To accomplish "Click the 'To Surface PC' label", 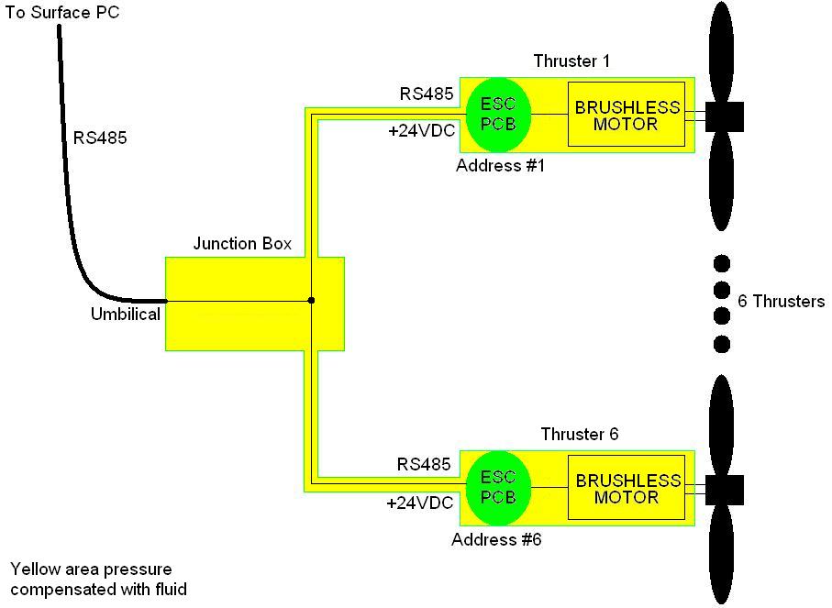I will (x=62, y=13).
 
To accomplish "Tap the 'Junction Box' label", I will (x=242, y=244).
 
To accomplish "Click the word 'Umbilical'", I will (x=126, y=315).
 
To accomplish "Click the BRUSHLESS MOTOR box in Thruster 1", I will (x=627, y=115).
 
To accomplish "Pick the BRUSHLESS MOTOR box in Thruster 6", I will (x=627, y=488).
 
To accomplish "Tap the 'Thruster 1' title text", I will (x=571, y=61).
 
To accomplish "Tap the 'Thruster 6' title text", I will (x=579, y=434).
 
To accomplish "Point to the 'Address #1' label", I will (x=500, y=166).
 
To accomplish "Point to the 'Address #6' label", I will (x=496, y=539).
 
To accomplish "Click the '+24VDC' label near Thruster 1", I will (x=421, y=131).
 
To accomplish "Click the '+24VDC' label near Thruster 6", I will (x=419, y=503).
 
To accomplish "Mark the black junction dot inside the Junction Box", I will (x=312, y=300).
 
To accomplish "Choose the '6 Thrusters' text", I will (x=782, y=301).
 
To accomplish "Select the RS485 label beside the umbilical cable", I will (x=100, y=138).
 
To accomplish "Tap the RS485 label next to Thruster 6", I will (x=424, y=465).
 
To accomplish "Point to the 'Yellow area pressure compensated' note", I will (x=98, y=580).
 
